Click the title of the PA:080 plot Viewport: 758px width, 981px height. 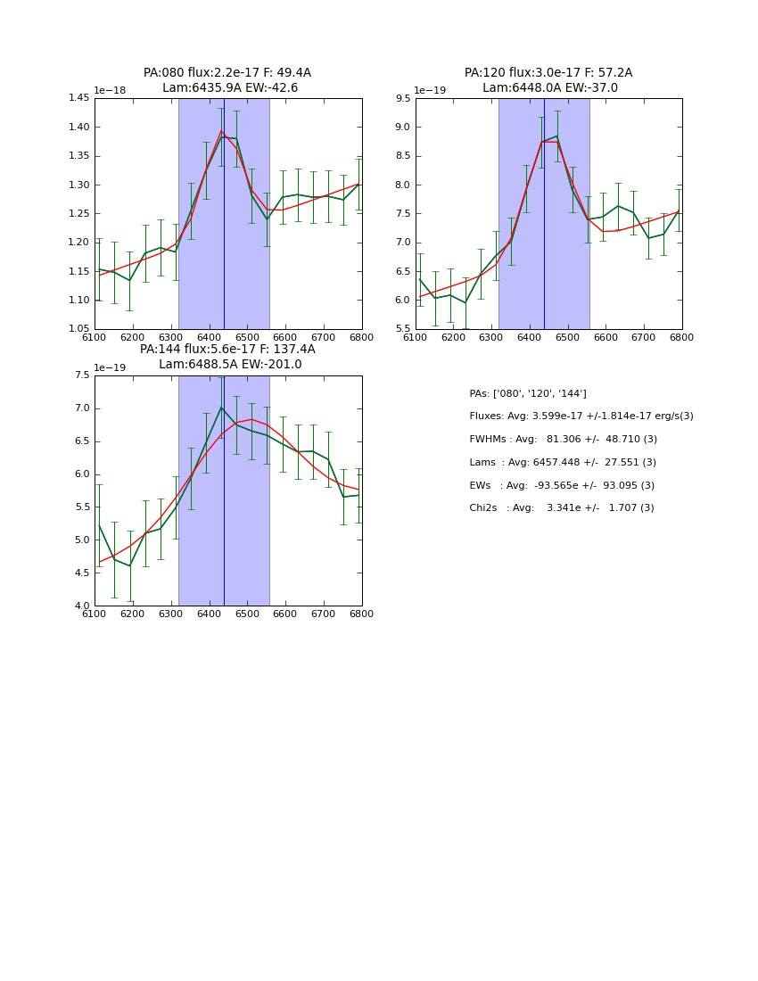point(227,80)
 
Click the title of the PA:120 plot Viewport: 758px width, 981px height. point(548,80)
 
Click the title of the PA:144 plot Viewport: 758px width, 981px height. point(227,357)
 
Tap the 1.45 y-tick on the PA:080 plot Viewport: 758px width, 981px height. point(79,98)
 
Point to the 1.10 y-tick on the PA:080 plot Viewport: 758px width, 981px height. point(79,300)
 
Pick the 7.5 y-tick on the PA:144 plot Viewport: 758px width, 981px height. point(82,375)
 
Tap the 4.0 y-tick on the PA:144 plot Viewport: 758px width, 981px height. point(82,606)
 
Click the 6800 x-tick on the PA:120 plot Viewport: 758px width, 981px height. point(682,338)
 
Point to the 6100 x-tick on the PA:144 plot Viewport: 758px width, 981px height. point(95,614)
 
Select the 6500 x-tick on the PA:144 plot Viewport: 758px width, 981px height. point(247,614)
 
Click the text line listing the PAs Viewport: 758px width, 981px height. point(528,393)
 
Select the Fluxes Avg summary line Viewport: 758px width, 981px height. point(581,416)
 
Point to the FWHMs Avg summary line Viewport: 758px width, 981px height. point(563,440)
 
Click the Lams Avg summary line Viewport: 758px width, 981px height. point(563,463)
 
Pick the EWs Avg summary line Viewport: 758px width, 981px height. point(562,485)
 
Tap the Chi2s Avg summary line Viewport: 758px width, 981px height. point(562,508)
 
